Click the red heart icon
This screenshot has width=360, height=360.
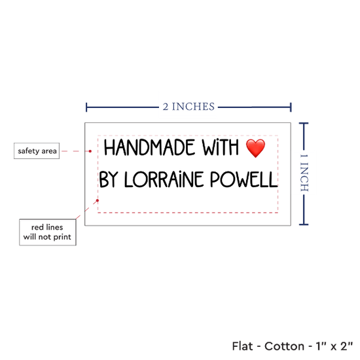[255, 149]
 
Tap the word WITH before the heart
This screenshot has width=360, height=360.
[221, 147]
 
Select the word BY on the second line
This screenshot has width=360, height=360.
[109, 179]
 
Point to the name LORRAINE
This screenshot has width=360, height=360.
[164, 179]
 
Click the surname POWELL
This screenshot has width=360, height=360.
[244, 179]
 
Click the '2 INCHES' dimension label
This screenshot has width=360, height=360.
[189, 107]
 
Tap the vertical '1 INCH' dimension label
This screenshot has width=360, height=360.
[304, 173]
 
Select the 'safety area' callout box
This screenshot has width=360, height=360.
[37, 151]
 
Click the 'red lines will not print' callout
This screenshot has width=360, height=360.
[48, 232]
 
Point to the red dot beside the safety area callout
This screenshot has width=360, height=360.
[90, 151]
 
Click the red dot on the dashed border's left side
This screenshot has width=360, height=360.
[98, 200]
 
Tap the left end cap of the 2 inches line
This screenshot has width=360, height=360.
[86, 107]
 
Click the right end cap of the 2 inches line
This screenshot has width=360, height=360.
[291, 107]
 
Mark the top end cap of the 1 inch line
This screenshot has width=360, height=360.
[304, 124]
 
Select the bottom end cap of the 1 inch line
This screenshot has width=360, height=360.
[304, 225]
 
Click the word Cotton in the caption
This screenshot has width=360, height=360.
[284, 346]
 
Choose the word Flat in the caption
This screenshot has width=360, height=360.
[242, 346]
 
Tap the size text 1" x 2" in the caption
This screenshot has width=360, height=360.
[334, 346]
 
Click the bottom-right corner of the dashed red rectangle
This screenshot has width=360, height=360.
[278, 213]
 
